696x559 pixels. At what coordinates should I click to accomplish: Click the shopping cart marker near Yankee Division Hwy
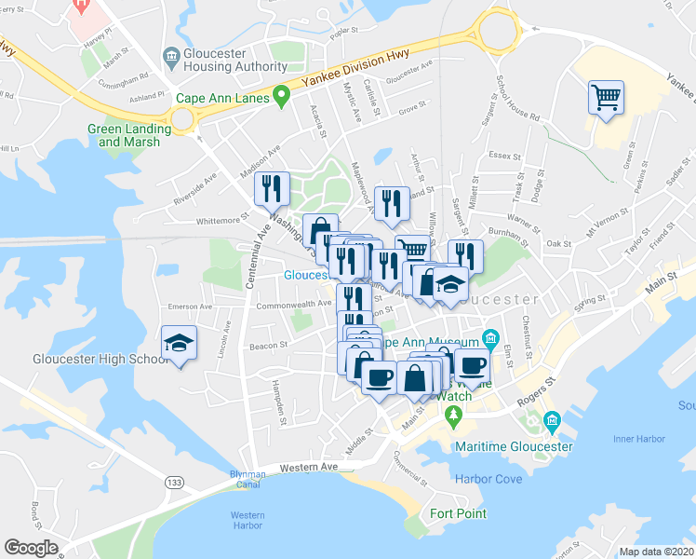[x=606, y=97]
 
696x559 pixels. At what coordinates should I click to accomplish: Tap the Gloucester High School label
[x=87, y=359]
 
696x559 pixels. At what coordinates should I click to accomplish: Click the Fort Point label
[x=459, y=513]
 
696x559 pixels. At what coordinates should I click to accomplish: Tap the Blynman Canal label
[x=248, y=479]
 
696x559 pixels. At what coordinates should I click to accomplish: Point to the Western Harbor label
[x=248, y=520]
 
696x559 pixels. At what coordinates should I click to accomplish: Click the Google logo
[x=31, y=548]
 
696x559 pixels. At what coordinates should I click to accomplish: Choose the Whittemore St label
[x=224, y=221]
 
